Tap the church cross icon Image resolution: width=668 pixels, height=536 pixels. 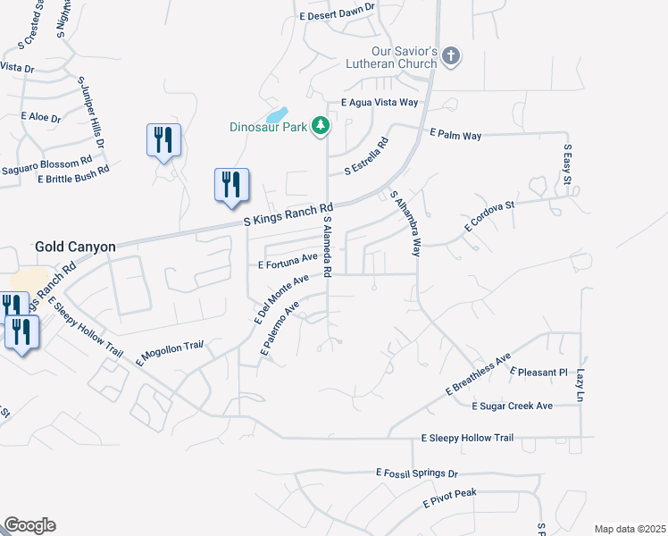tap(451, 56)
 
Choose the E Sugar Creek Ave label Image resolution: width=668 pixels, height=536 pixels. tap(512, 406)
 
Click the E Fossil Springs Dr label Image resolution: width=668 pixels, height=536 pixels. tap(417, 473)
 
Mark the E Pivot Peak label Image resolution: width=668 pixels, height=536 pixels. tap(451, 498)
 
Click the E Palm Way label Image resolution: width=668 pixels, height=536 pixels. tap(455, 135)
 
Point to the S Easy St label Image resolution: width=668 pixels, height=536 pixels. tap(567, 165)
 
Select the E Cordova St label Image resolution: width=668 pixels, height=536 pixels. tap(489, 216)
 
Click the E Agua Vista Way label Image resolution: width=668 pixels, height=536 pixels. tap(380, 103)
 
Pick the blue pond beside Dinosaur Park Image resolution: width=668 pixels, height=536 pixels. tap(277, 116)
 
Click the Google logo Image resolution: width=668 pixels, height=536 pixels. tap(29, 525)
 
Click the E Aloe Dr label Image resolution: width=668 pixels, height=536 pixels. tap(42, 117)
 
